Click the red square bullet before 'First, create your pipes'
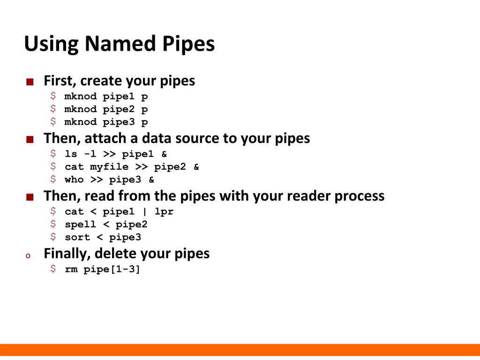30,82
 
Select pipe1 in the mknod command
119,97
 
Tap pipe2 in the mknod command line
119,109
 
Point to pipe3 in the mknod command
119,122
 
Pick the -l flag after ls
90,154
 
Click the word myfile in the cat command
109,167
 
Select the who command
74,180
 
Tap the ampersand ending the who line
151,180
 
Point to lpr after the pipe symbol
164,212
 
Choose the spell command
80,225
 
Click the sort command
77,238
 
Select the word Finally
67,254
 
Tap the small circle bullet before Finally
28,256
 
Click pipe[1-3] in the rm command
112,270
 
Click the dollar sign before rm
53,269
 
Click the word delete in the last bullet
115,254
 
